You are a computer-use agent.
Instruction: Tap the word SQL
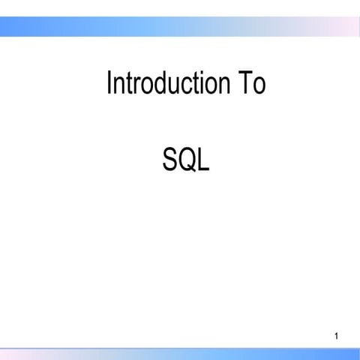click(186, 158)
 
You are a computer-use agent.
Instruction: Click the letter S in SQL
click(170, 158)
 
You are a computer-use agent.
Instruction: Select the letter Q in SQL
click(187, 158)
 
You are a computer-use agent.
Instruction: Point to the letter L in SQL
click(203, 158)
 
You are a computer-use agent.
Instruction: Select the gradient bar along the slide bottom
click(180, 354)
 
